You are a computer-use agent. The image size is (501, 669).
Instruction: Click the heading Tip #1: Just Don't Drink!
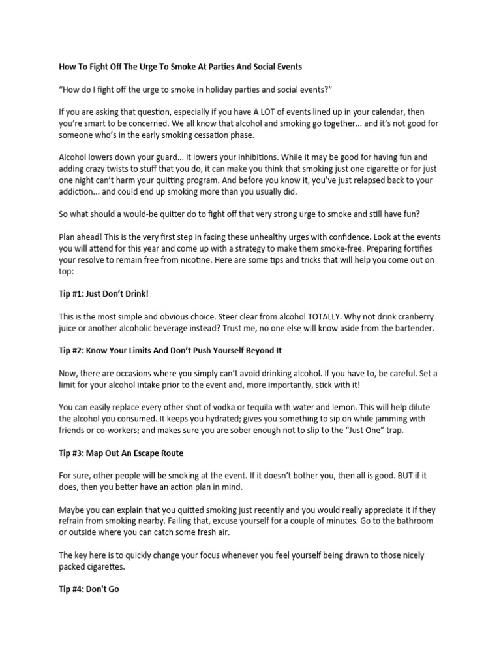pos(108,293)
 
